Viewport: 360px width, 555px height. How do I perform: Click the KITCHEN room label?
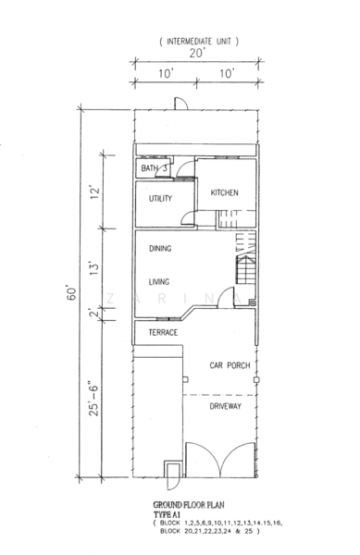pos(225,193)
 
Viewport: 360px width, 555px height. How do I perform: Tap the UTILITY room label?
pos(160,199)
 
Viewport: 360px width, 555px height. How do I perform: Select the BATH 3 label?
pos(154,168)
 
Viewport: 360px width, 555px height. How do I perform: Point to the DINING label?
pos(160,249)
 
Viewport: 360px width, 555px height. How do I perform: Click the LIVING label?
pos(159,282)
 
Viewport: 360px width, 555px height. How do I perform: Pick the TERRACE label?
pos(163,332)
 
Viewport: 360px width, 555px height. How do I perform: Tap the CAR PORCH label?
pos(230,365)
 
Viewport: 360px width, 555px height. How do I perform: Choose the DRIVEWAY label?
pos(226,406)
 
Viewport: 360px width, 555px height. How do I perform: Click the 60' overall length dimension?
pos(71,292)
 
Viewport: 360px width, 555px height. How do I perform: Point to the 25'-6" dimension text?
pos(93,399)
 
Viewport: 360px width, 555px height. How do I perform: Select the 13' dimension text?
pos(93,269)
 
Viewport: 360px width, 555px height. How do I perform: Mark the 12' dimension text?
pos(94,192)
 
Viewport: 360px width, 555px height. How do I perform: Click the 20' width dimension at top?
pos(197,53)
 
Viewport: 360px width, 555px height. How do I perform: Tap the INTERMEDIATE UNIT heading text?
pos(199,42)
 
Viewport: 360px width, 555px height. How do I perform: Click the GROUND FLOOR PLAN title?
pos(189,505)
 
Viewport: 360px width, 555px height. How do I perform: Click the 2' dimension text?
pos(93,314)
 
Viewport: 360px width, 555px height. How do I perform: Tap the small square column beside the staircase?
pos(253,303)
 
